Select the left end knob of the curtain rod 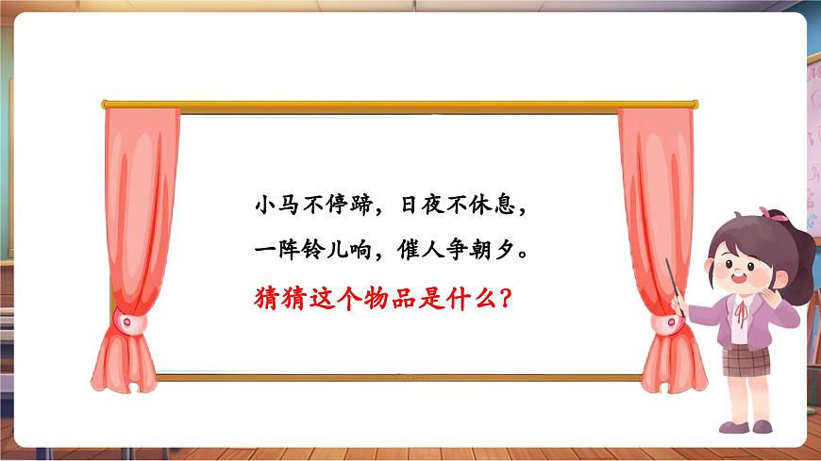[105, 104]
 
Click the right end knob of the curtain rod [695, 103]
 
